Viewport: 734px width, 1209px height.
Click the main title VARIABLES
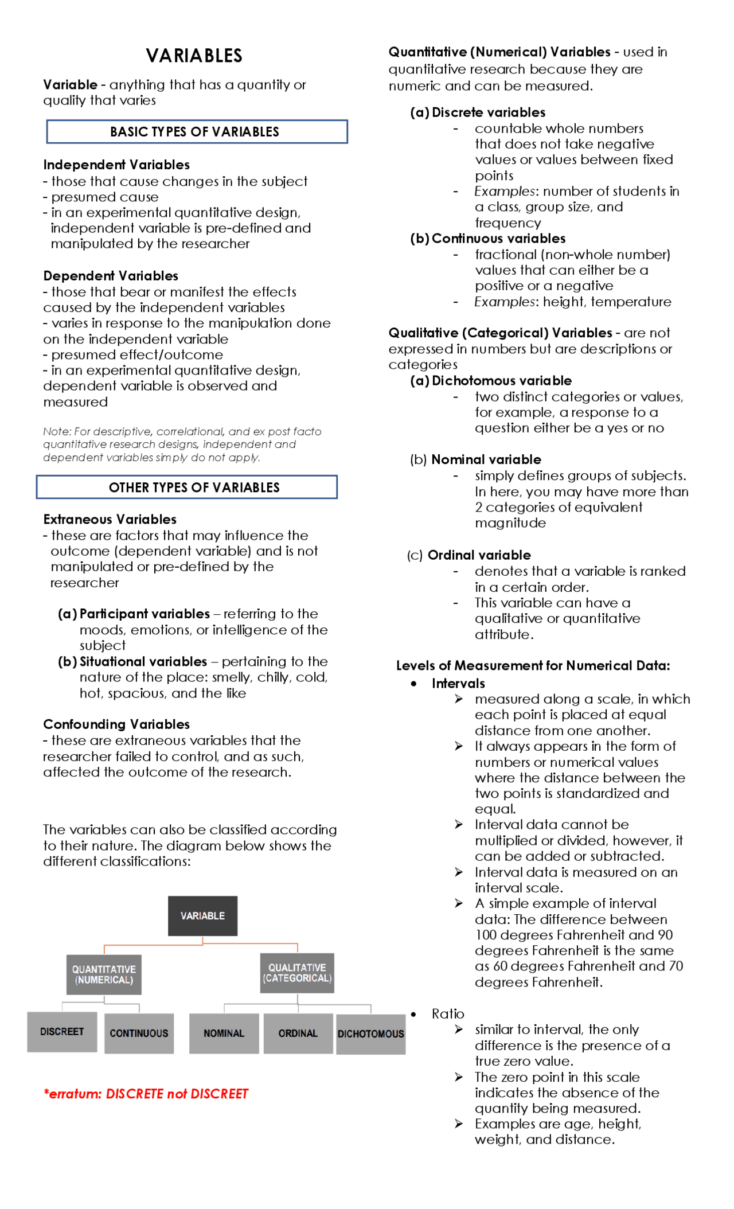tap(194, 56)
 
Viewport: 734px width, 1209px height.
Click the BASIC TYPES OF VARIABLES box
tap(197, 132)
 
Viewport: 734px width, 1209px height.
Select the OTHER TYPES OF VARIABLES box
tap(187, 487)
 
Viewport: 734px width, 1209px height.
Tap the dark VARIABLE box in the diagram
tap(202, 916)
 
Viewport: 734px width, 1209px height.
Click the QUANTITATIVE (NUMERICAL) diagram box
tap(104, 974)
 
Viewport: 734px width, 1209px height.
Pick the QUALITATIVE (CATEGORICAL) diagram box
tap(297, 973)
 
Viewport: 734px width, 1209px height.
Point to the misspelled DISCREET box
tap(62, 1032)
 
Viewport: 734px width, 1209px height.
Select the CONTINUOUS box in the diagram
tap(139, 1033)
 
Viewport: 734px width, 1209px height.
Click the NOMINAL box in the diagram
tap(224, 1033)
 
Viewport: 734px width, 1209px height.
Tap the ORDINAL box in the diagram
tap(298, 1033)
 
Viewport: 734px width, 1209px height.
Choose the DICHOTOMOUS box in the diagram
tap(370, 1033)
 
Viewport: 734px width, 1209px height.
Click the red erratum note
tap(146, 1094)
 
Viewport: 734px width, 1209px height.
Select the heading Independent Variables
tap(116, 165)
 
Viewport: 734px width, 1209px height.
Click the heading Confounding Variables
tap(116, 724)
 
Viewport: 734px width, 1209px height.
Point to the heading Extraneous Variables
tap(110, 520)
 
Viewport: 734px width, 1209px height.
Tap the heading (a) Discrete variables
tap(478, 112)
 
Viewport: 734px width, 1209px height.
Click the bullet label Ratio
tap(448, 1014)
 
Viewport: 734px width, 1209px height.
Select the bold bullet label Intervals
tap(458, 684)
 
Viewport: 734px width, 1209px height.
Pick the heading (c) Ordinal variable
tap(469, 555)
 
